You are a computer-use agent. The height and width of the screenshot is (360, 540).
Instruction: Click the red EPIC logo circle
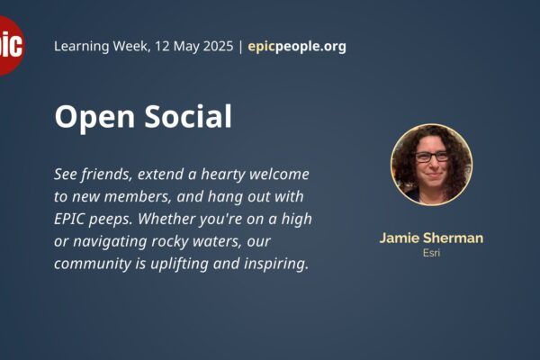click(x=11, y=46)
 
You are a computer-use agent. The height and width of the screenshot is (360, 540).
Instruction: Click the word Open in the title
click(x=94, y=117)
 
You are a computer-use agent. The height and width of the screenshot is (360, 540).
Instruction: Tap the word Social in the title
click(x=188, y=116)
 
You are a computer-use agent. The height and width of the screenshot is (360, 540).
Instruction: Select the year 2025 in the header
click(x=218, y=46)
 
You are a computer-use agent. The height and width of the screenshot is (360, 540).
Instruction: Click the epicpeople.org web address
click(x=297, y=47)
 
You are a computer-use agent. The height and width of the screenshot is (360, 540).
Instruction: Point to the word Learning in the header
click(x=82, y=47)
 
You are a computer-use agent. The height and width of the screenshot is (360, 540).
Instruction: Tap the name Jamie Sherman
click(x=431, y=238)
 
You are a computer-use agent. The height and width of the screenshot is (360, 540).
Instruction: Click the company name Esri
click(x=431, y=253)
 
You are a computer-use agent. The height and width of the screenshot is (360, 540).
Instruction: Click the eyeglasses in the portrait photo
click(x=431, y=157)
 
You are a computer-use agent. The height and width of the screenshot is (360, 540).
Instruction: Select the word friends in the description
click(x=107, y=175)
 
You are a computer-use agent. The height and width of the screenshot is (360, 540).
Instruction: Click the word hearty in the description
click(x=223, y=175)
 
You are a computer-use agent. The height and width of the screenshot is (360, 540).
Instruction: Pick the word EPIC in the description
click(x=69, y=219)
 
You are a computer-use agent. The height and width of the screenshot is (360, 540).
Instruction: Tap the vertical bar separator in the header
click(x=240, y=47)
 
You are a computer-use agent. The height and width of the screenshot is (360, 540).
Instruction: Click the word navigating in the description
click(x=110, y=241)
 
